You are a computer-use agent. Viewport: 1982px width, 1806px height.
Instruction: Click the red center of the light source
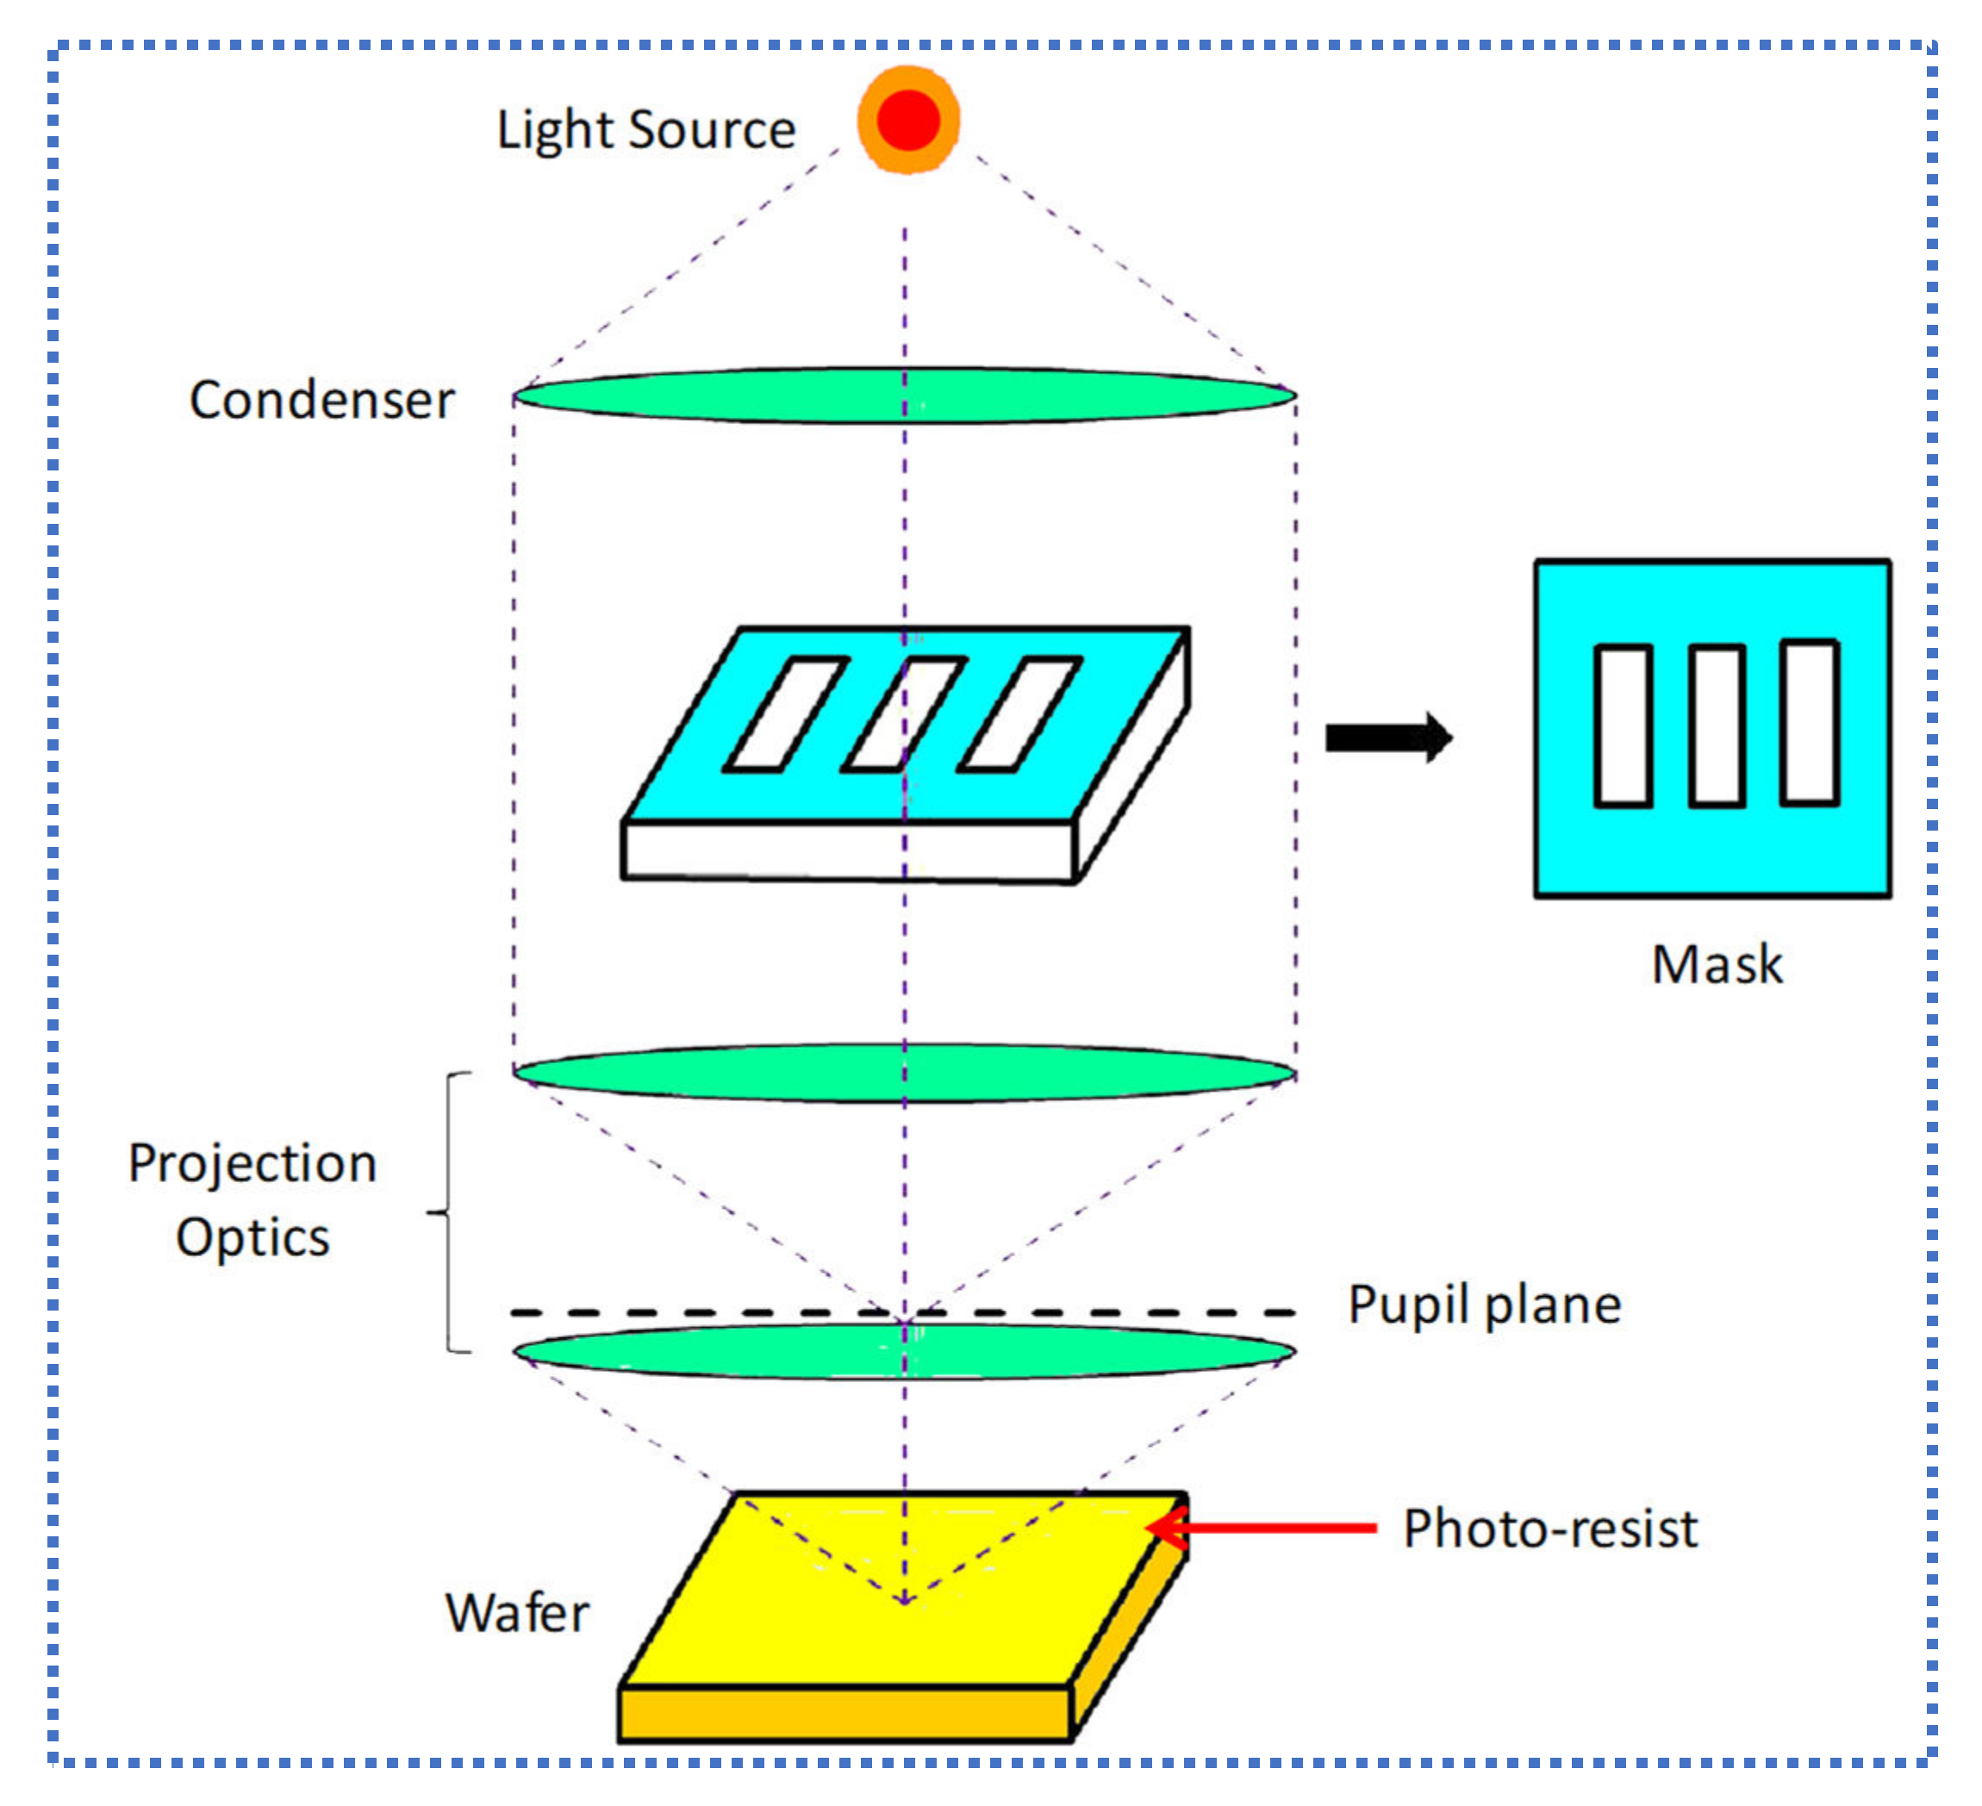(x=907, y=120)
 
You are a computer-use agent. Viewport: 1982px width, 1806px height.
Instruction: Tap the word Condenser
(x=321, y=400)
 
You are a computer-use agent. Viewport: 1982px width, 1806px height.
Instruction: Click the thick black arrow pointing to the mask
(x=1387, y=738)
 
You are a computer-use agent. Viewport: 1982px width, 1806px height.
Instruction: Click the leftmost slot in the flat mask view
(x=1622, y=726)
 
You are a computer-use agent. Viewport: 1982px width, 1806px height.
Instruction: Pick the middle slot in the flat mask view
(x=1717, y=726)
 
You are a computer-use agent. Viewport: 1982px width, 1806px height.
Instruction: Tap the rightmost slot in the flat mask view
(x=1809, y=723)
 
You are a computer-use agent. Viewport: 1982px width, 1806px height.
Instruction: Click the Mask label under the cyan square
(x=1717, y=964)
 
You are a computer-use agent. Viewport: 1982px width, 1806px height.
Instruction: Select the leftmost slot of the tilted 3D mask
(x=786, y=713)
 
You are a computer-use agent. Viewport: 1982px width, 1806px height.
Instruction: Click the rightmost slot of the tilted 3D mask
(x=1019, y=713)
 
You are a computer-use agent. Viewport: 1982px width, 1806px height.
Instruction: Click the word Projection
(x=252, y=1163)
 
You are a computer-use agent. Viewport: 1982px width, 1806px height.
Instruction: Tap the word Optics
(x=252, y=1236)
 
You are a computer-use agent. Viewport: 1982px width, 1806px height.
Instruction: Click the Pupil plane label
(x=1484, y=1305)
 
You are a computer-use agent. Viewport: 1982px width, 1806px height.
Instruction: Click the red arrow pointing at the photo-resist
(x=1268, y=1528)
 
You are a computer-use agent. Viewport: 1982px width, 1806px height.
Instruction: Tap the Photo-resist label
(x=1549, y=1529)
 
